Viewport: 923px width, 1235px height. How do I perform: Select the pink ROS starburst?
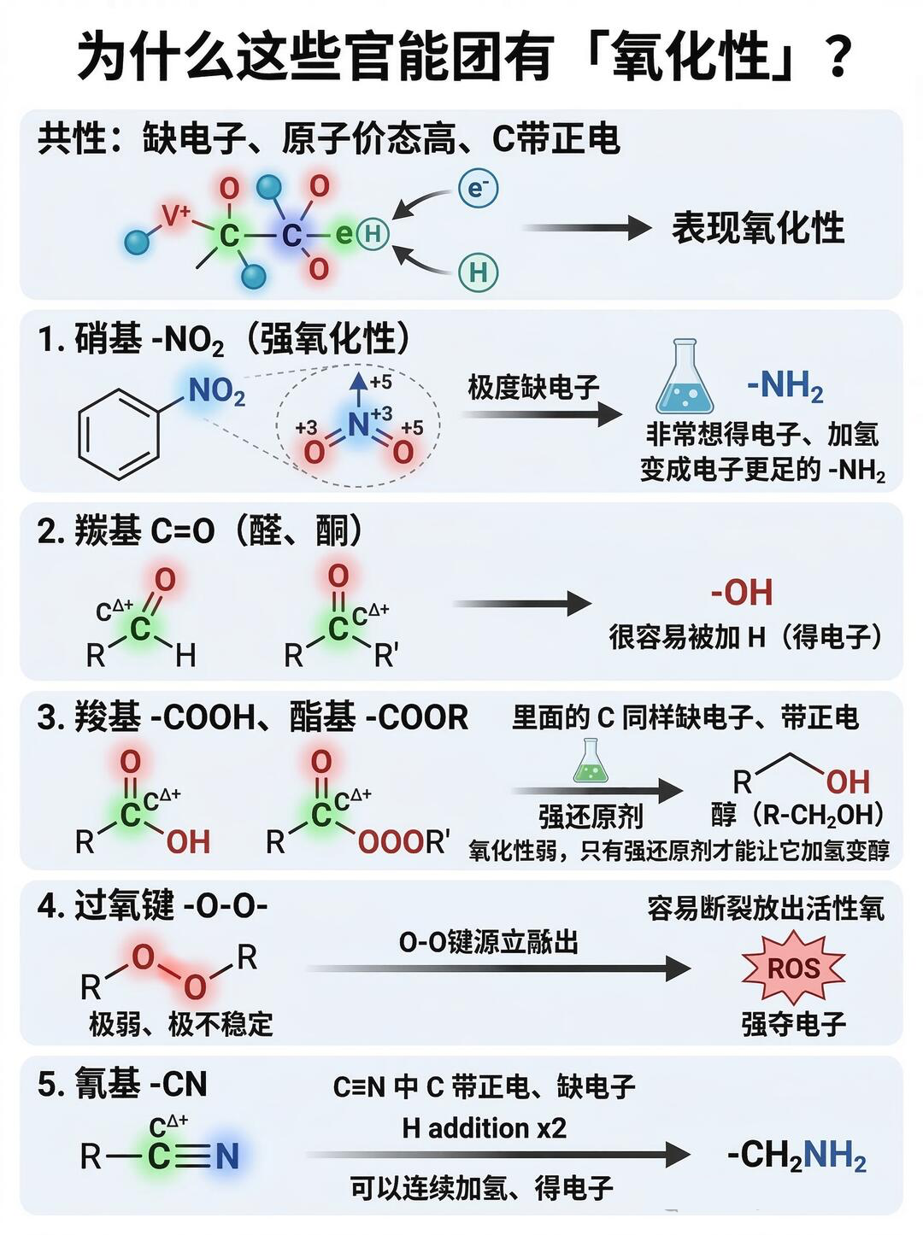coord(793,969)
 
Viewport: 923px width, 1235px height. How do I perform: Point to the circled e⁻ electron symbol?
coord(478,189)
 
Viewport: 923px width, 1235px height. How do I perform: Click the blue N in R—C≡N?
coord(226,1156)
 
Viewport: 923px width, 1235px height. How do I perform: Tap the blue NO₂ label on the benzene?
coord(215,392)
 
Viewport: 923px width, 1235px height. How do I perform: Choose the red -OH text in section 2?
coord(742,593)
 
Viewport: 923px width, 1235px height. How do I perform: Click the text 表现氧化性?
coord(757,228)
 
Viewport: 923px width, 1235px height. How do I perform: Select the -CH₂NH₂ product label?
coord(796,1156)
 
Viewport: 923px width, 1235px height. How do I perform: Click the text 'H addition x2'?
coord(484,1128)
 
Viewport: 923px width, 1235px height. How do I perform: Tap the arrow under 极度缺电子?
coord(542,415)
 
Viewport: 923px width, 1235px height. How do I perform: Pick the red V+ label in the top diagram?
coord(177,216)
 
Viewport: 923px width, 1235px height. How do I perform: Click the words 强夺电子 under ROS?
coord(793,1023)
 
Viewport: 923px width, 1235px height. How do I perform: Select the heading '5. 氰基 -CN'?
coord(122,1084)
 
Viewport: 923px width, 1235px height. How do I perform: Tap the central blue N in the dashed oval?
coord(358,424)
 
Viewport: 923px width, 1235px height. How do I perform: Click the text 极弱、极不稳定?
coord(181,1023)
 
